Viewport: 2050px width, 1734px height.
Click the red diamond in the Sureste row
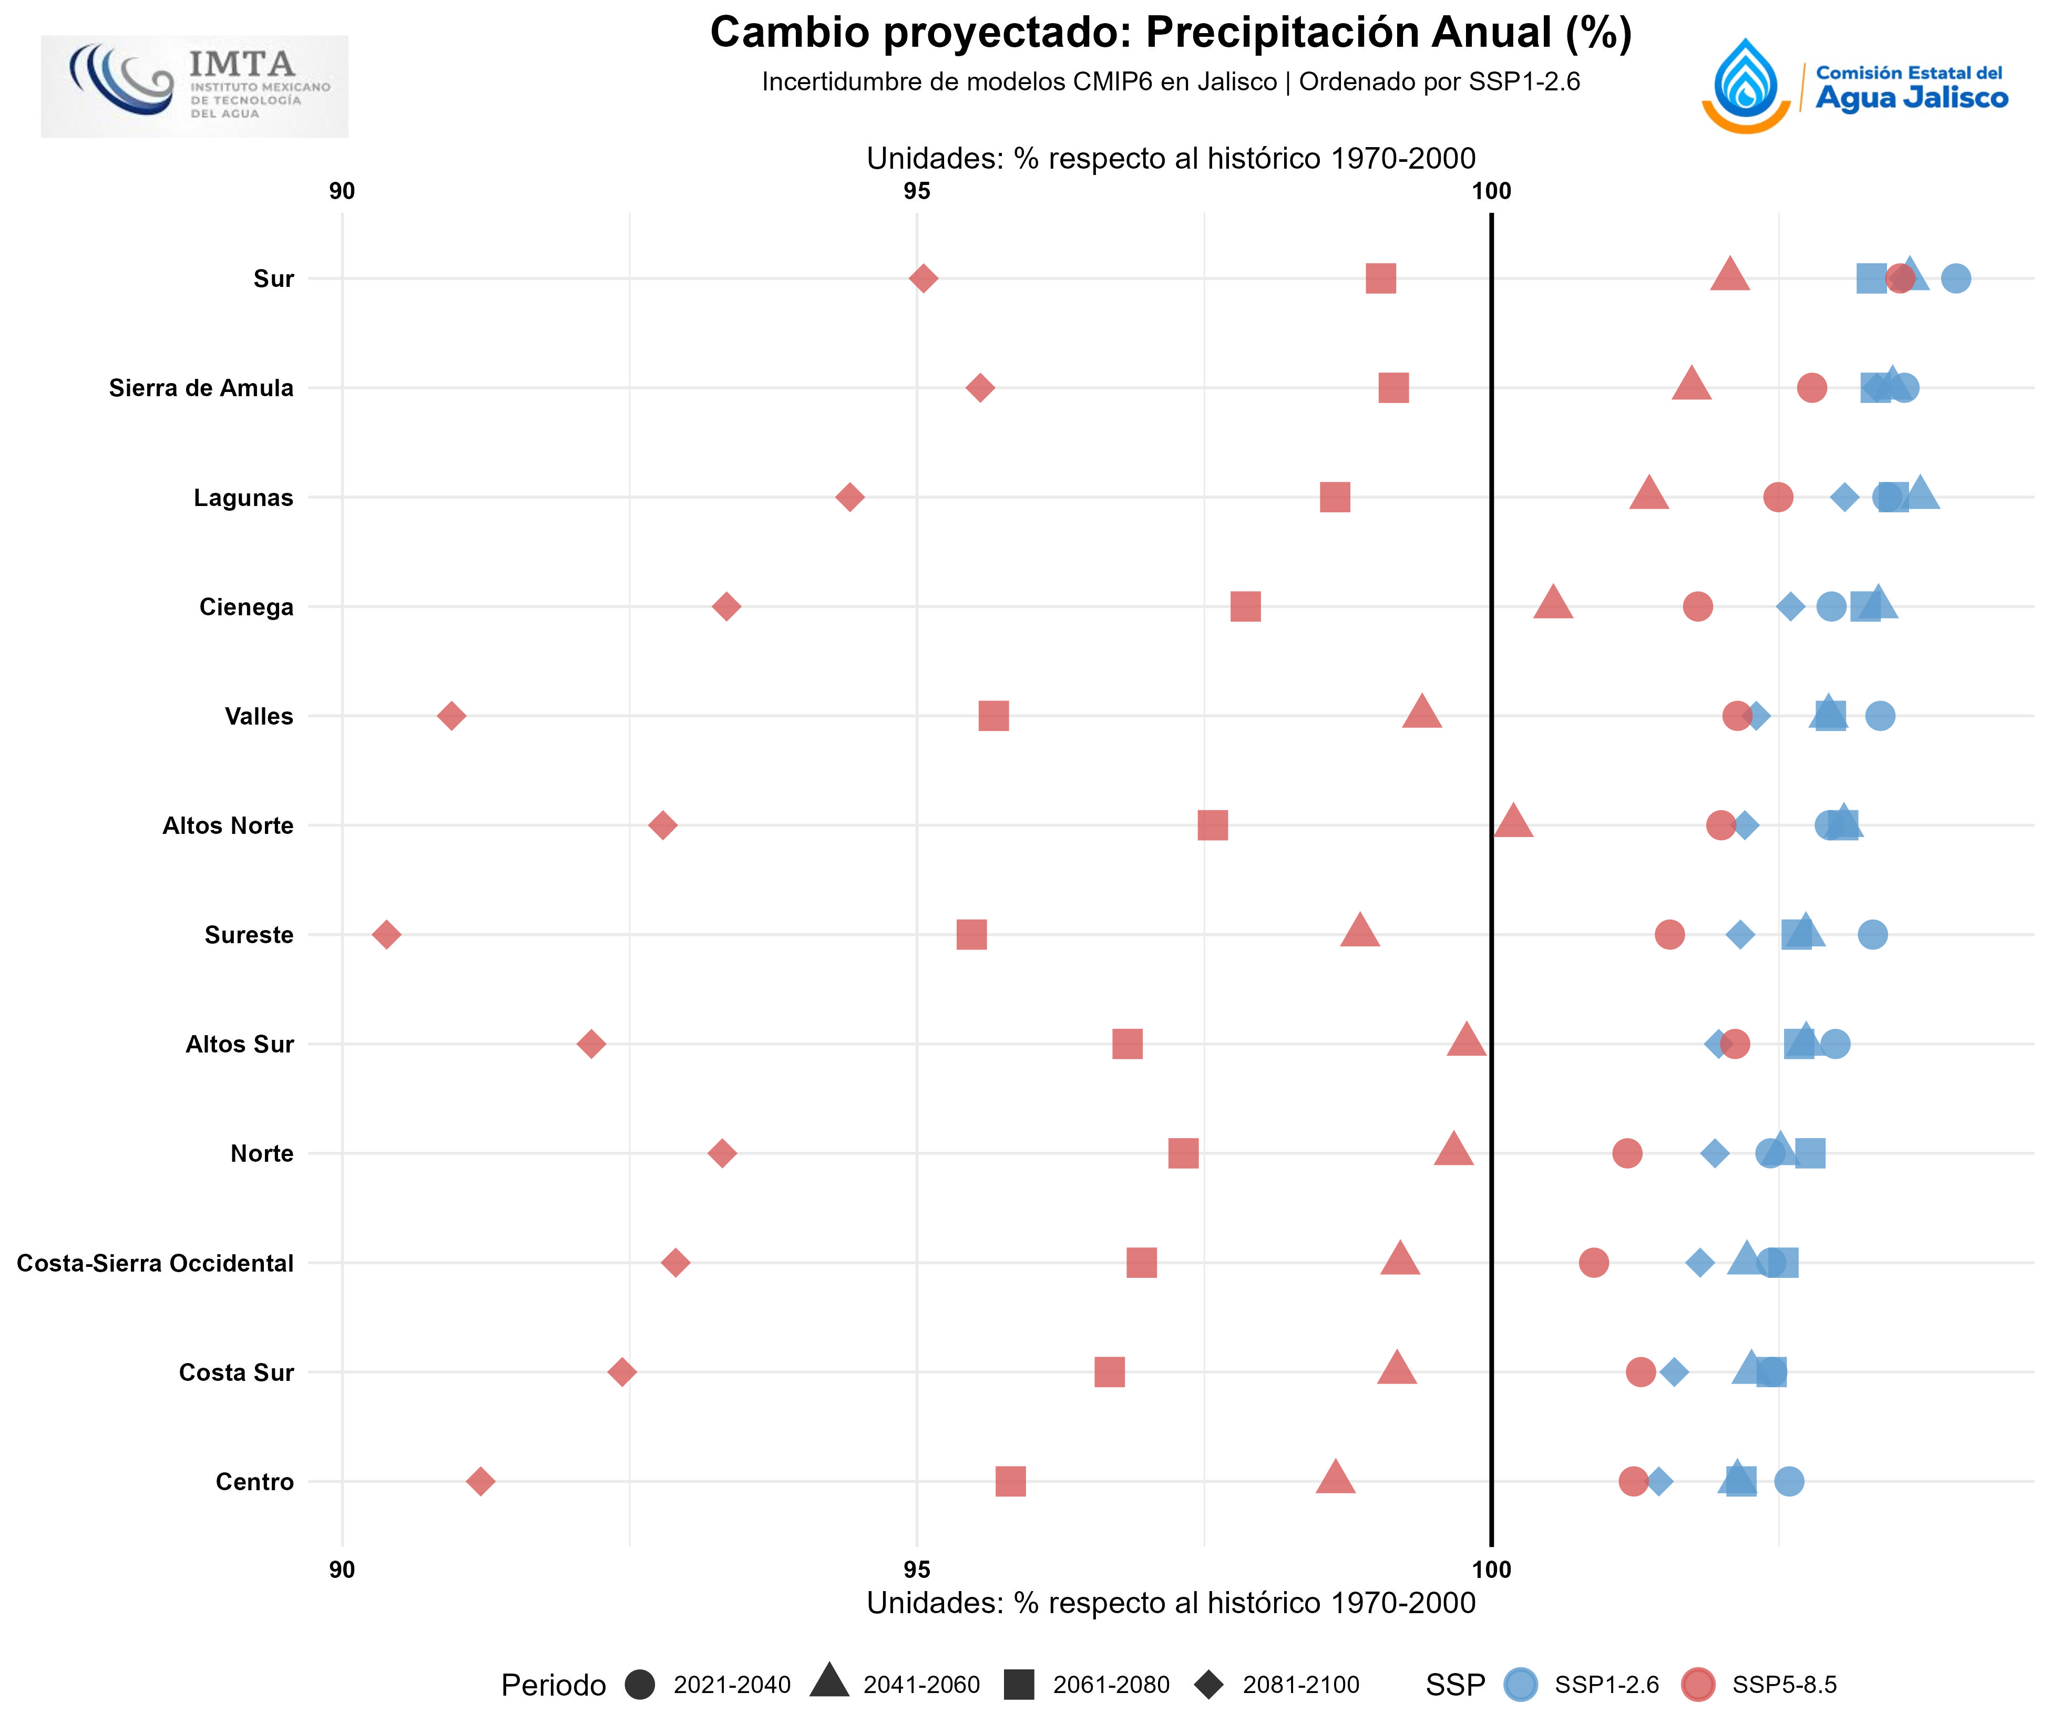coord(386,934)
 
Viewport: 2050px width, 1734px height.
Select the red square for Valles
coord(993,716)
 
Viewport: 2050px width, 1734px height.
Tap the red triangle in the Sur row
coord(1729,275)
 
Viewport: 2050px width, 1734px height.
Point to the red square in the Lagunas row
coord(1334,498)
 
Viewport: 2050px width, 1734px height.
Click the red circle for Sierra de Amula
coord(1811,387)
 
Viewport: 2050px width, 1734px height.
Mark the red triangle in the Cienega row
coord(1553,603)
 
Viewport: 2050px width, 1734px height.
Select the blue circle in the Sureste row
coord(1872,934)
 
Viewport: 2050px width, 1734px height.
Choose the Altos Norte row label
coord(228,825)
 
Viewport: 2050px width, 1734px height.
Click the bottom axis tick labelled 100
coord(1492,1570)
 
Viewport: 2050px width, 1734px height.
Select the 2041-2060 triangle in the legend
coord(830,1682)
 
